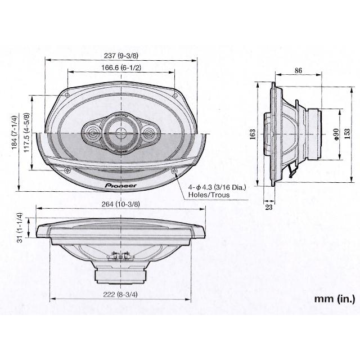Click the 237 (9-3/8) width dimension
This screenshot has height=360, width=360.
[x=121, y=56]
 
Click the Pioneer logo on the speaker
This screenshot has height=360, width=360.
[x=121, y=184]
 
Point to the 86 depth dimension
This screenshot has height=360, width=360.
[x=298, y=71]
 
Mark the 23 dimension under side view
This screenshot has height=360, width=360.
[x=268, y=207]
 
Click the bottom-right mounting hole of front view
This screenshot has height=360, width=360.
[x=175, y=170]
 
